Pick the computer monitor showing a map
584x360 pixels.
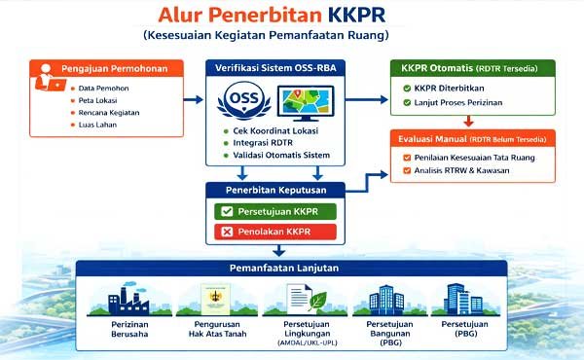[x=308, y=104]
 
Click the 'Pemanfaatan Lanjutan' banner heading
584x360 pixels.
[x=291, y=269]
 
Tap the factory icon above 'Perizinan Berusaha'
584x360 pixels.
[x=121, y=303]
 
